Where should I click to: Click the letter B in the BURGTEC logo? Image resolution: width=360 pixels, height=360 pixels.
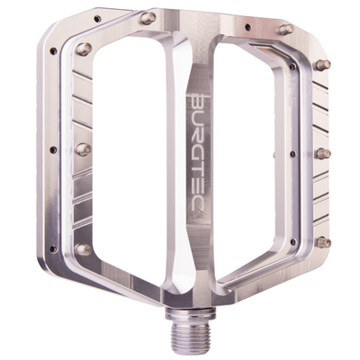click(x=200, y=95)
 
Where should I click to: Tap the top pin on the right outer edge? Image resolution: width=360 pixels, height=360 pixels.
click(x=324, y=65)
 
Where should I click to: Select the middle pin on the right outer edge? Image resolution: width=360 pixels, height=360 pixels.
click(x=324, y=154)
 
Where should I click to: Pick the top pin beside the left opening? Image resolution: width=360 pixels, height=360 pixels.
click(x=84, y=49)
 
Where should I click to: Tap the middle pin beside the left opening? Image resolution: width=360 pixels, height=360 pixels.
click(x=84, y=148)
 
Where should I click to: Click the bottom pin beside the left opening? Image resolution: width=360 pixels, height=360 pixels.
click(x=84, y=248)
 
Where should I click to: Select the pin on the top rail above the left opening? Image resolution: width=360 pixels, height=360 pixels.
click(x=148, y=18)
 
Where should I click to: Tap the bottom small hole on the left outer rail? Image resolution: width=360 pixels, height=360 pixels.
click(x=56, y=241)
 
